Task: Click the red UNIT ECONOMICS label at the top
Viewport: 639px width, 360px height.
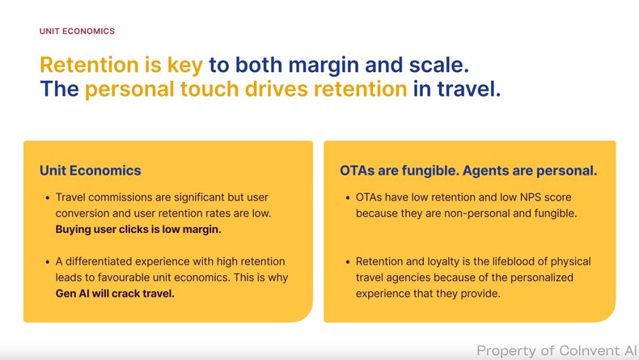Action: (x=77, y=32)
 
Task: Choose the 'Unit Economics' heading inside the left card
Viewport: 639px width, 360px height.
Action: (x=90, y=171)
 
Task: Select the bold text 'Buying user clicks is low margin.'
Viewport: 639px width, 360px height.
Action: (x=138, y=229)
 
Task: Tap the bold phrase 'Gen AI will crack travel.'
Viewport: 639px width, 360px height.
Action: (x=115, y=294)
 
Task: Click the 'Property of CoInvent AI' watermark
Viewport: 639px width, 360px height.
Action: (x=556, y=350)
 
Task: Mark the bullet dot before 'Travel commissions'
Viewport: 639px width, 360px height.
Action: (x=47, y=197)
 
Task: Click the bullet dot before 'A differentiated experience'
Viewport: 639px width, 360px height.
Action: (x=47, y=262)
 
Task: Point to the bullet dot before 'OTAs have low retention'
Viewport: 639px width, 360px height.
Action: (x=347, y=197)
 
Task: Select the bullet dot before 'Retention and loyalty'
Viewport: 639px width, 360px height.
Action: (x=347, y=262)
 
